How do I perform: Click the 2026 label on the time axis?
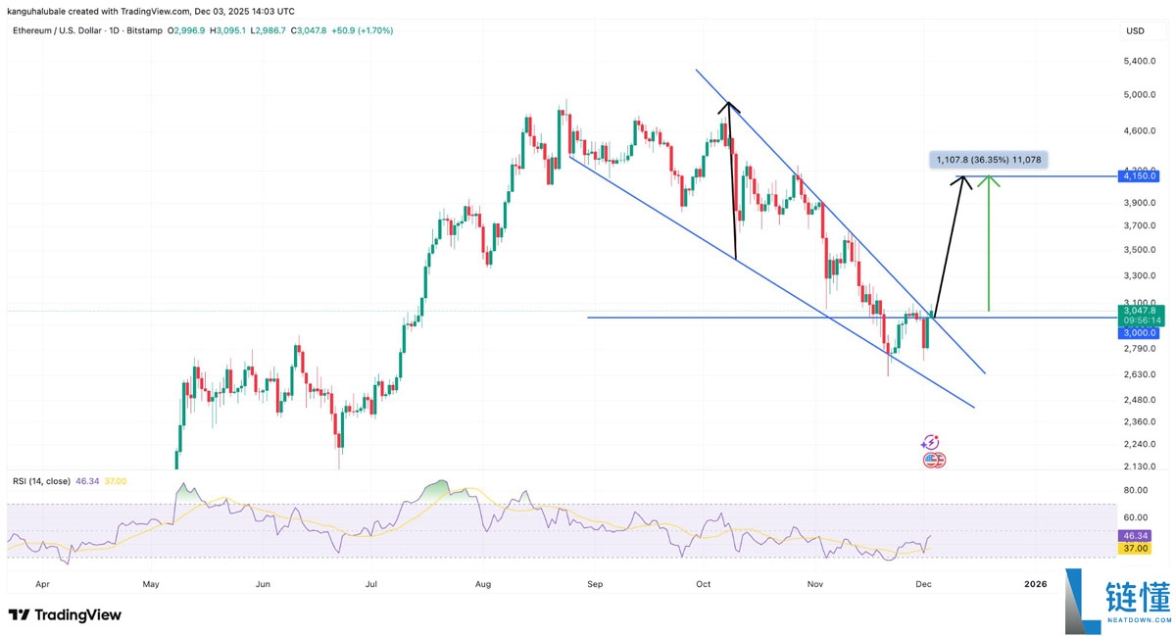tap(1035, 583)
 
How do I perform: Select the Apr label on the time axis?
tap(42, 583)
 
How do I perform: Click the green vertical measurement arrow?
tap(989, 245)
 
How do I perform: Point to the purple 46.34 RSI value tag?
tap(1136, 537)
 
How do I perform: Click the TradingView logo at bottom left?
tap(66, 614)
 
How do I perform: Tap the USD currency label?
tap(1135, 31)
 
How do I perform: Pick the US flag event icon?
tap(934, 460)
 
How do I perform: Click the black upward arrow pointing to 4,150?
tap(949, 245)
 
